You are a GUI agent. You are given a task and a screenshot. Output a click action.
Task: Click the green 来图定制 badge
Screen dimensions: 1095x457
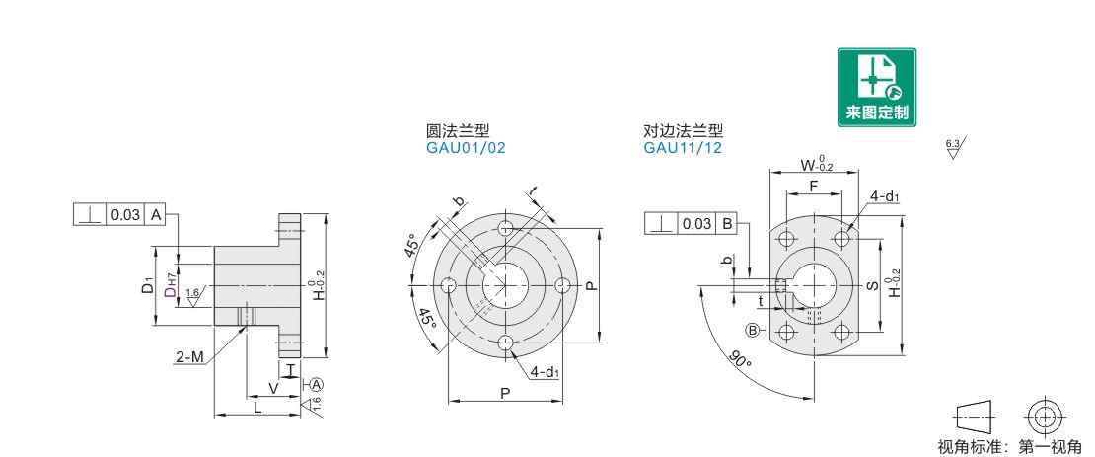pos(876,87)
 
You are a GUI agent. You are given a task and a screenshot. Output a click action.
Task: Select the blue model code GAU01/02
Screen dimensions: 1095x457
pos(465,148)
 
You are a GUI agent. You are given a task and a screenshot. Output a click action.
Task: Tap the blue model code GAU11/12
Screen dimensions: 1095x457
pos(683,148)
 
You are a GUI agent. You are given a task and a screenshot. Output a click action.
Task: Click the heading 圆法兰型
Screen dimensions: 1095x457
pos(458,130)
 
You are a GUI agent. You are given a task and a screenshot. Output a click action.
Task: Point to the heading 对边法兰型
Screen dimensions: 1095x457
pos(683,130)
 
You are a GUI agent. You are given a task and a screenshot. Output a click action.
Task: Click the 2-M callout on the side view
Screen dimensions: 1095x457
pos(189,358)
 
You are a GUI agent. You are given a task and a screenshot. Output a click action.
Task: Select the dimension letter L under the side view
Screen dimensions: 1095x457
pos(257,408)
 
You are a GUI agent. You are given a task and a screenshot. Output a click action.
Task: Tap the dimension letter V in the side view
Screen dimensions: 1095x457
pos(273,387)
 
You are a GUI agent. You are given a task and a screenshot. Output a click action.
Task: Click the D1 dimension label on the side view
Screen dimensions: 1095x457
pos(147,286)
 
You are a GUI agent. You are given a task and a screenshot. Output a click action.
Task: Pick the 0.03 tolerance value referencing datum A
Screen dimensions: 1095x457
pos(125,215)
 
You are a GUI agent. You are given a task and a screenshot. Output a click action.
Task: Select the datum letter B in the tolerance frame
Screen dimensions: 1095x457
pos(726,224)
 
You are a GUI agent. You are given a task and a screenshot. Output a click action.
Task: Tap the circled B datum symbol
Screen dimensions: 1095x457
pos(753,330)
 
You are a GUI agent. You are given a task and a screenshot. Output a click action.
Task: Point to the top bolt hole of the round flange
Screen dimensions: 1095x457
pos(506,229)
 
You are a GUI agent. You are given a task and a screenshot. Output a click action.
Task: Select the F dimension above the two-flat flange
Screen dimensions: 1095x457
pos(814,186)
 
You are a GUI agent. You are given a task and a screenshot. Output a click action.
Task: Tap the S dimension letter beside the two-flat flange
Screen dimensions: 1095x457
pos(872,286)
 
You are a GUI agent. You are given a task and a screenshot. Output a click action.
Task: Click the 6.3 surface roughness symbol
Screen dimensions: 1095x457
pos(954,148)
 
